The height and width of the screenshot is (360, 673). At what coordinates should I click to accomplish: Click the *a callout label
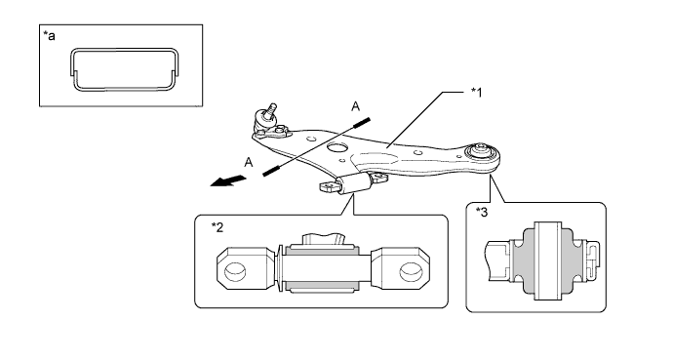click(50, 36)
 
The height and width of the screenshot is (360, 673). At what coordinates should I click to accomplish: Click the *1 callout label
click(476, 93)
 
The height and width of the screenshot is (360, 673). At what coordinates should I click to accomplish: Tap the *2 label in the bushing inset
click(218, 227)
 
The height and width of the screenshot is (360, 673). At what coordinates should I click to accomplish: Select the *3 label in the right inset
click(482, 212)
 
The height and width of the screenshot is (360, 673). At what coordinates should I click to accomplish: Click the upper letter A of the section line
click(355, 106)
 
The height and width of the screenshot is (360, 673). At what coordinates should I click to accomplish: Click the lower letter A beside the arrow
click(249, 163)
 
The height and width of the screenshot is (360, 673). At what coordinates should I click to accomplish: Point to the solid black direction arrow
click(228, 180)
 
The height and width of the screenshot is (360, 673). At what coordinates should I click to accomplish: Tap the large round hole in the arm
click(336, 147)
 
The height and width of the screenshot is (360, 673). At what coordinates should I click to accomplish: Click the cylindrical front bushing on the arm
click(354, 183)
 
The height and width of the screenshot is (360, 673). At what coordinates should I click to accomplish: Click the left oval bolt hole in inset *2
click(235, 271)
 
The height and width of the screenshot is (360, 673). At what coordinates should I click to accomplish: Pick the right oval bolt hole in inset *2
click(411, 271)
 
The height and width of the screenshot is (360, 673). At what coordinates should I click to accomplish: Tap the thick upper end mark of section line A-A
click(362, 122)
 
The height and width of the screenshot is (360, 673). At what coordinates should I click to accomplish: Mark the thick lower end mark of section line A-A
click(271, 171)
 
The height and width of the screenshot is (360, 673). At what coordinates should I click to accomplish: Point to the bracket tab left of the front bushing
click(330, 186)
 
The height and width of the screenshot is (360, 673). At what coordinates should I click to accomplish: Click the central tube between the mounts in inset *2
click(328, 268)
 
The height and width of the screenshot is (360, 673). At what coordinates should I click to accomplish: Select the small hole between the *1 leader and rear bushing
click(416, 152)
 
